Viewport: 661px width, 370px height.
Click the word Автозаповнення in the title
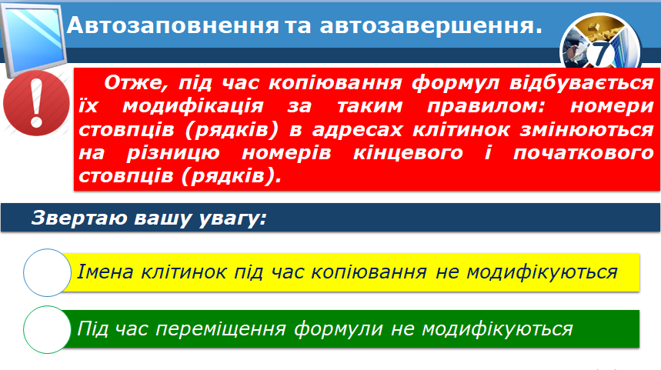point(173,25)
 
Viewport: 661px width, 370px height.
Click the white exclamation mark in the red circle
point(37,104)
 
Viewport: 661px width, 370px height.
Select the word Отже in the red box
point(135,82)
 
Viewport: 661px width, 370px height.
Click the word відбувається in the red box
point(581,82)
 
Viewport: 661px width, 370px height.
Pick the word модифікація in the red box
point(192,106)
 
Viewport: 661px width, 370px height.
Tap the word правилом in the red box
point(486,106)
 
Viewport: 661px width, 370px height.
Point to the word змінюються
point(586,130)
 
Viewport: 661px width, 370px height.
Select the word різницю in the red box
point(173,153)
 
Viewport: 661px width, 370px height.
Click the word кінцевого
point(408,153)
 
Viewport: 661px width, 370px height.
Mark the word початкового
point(583,153)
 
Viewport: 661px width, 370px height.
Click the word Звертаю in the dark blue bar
point(79,218)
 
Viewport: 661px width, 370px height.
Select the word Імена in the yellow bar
point(105,272)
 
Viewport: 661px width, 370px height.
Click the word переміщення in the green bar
point(221,329)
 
